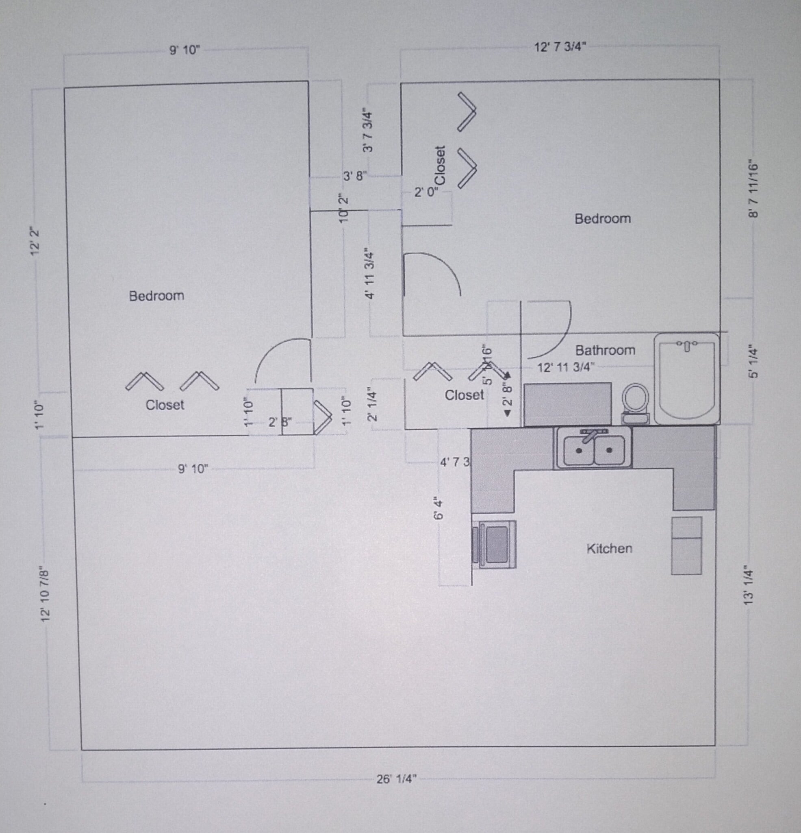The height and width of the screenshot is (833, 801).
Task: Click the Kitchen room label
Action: point(609,548)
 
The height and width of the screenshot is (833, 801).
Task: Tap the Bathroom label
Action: point(605,350)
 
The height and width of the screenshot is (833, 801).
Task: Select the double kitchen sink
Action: point(593,449)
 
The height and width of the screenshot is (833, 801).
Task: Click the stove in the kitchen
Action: point(494,545)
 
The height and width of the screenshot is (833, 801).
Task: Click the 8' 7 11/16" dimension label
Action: point(753,188)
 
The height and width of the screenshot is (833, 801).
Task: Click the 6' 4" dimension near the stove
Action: point(439,508)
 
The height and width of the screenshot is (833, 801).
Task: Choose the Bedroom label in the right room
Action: point(602,218)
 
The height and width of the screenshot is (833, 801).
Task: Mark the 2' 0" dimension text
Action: point(426,192)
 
